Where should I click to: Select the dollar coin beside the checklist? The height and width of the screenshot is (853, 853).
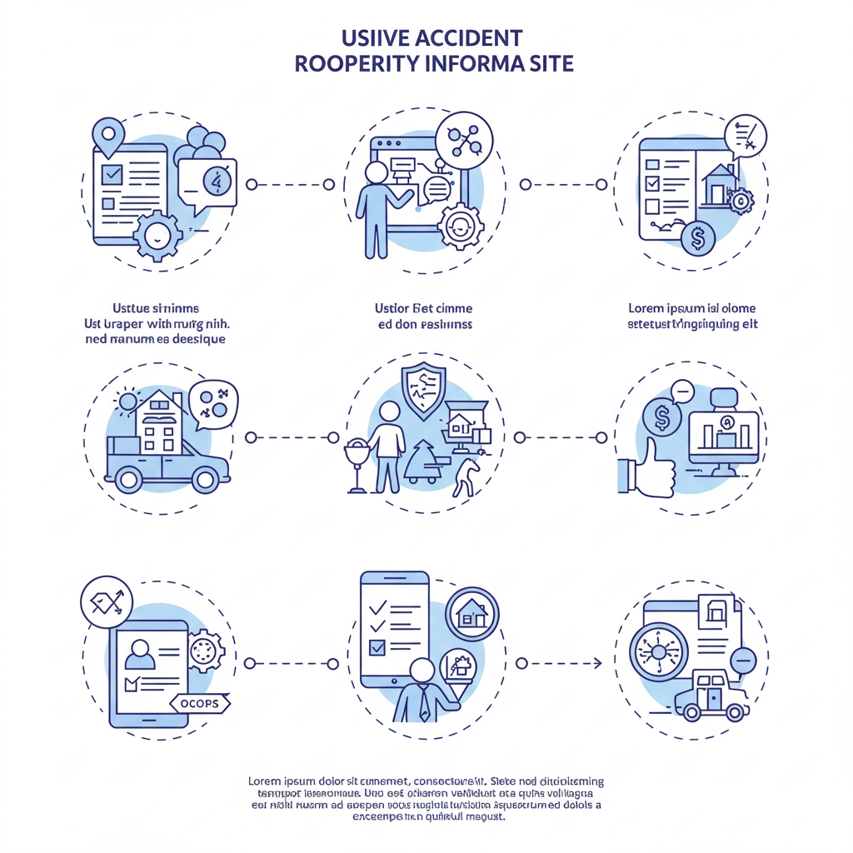698,240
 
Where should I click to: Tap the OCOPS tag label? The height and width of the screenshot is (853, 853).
199,704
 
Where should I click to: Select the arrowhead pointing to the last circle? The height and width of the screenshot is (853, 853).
596,663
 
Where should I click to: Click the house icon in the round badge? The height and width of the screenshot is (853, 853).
472,615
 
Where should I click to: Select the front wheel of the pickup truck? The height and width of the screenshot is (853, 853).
203,479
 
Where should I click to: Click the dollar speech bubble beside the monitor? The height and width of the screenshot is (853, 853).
661,419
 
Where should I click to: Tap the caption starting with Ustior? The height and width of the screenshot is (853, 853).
423,316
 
